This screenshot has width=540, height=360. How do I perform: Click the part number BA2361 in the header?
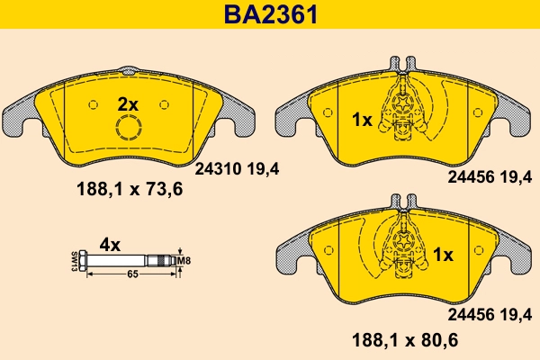click(271, 14)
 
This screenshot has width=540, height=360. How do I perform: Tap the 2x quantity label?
click(129, 104)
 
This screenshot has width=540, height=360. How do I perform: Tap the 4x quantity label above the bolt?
click(110, 244)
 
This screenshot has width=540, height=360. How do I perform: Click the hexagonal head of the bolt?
click(83, 262)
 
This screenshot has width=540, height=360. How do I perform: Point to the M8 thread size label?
click(186, 262)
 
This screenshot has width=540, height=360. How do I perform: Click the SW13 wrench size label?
click(73, 262)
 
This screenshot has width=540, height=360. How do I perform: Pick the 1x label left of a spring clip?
click(361, 118)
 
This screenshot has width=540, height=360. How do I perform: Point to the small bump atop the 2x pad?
click(130, 69)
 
